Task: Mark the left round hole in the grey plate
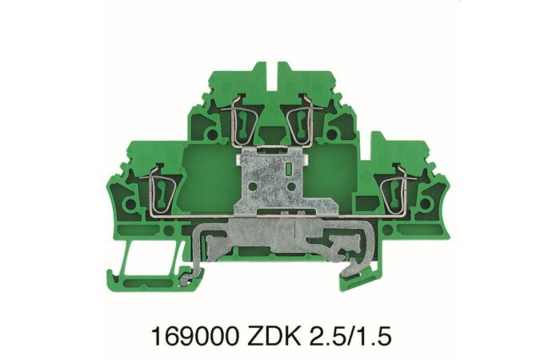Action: point(254,193)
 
